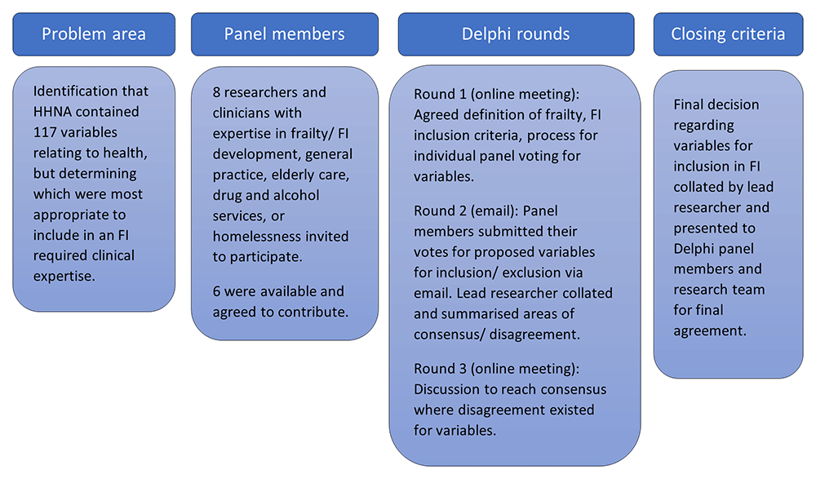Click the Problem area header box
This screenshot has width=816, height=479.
94,34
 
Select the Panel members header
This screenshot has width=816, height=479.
285,34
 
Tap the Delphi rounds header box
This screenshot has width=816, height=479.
516,34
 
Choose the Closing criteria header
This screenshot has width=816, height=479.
728,34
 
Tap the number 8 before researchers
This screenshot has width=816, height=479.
216,93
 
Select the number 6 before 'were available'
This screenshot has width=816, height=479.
216,291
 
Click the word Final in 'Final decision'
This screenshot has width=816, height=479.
688,104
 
